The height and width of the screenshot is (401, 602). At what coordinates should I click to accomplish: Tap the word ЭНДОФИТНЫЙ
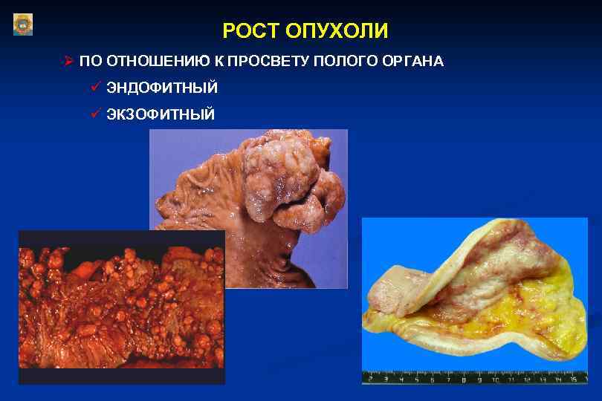click(162, 88)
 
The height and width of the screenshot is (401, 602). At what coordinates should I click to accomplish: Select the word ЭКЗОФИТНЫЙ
click(161, 114)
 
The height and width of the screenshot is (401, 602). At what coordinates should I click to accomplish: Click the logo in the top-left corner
click(23, 24)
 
